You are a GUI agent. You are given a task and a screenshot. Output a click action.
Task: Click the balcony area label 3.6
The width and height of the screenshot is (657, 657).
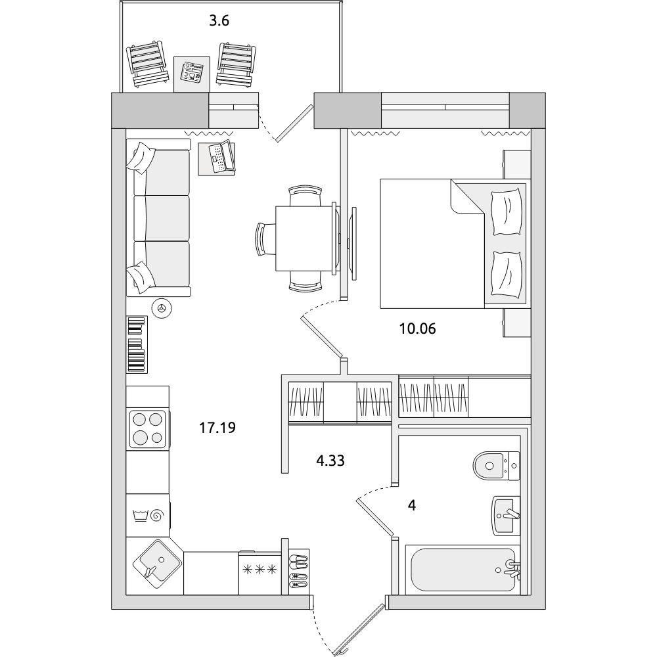click(219, 20)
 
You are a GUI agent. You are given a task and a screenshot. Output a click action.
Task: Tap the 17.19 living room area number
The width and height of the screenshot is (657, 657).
click(217, 428)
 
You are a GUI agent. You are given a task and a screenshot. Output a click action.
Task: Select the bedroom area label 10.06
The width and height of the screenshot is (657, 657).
click(417, 329)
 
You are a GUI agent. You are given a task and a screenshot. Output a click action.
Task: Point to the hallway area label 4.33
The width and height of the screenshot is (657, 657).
click(330, 461)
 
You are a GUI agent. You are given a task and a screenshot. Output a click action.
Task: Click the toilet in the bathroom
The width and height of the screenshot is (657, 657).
click(497, 465)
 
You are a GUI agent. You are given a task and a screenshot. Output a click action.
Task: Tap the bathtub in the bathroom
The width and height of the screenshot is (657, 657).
click(463, 570)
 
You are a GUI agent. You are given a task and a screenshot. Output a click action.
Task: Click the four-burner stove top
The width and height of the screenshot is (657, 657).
click(148, 429)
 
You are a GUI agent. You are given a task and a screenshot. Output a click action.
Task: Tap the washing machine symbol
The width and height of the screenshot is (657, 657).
click(148, 515)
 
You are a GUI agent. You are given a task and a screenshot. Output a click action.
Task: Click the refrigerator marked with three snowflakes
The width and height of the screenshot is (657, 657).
click(260, 572)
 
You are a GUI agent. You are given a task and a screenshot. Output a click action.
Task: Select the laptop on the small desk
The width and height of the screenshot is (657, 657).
click(221, 156)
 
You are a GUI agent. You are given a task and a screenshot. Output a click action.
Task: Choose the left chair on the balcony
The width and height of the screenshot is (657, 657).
click(147, 64)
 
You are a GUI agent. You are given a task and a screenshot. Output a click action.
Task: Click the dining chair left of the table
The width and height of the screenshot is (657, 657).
click(265, 238)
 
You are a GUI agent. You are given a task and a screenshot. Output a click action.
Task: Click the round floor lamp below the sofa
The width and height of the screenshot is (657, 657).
click(162, 308)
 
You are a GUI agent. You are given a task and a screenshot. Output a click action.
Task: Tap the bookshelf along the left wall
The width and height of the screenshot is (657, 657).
click(137, 344)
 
